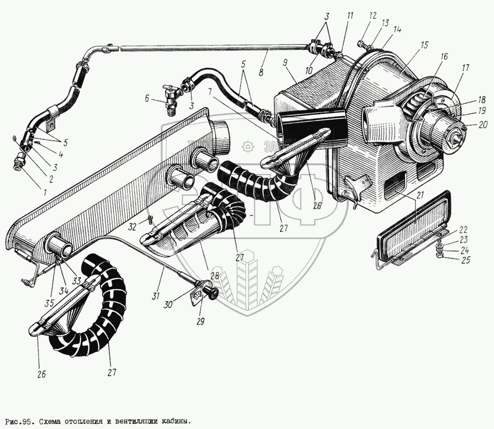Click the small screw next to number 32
148,221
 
